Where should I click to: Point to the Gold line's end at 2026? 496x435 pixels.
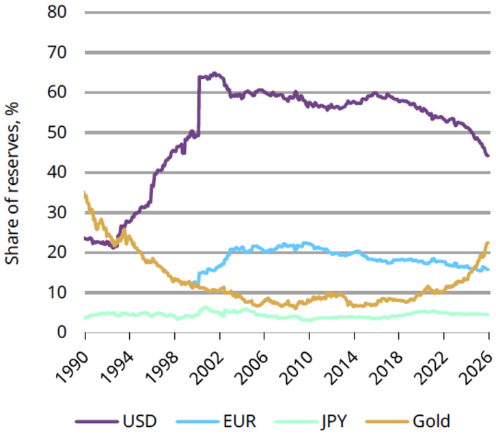point(488,243)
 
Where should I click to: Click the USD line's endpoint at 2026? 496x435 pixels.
point(488,156)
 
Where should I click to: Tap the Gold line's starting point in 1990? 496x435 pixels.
point(85,194)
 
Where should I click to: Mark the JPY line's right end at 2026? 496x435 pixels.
point(488,314)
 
